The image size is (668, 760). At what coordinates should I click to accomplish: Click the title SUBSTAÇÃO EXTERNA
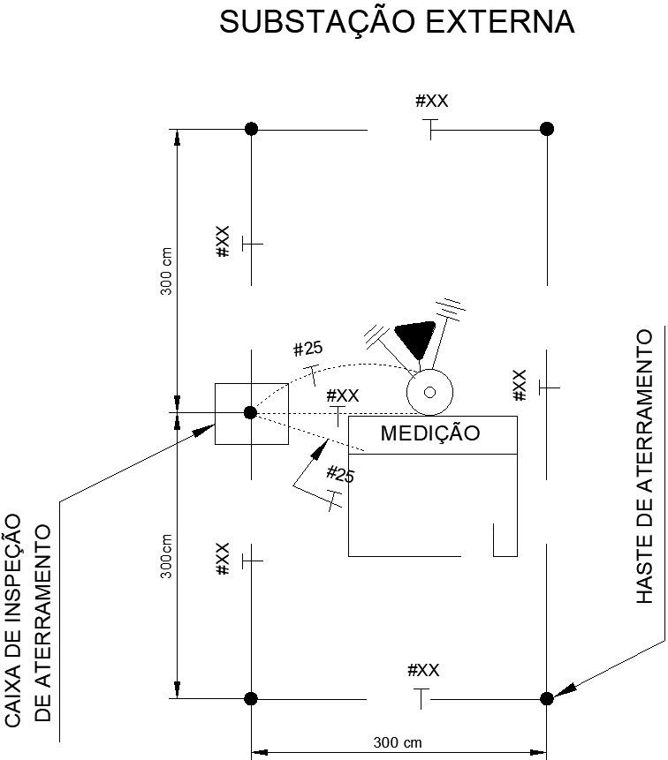click(x=397, y=23)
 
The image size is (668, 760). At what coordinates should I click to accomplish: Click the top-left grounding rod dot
click(x=251, y=129)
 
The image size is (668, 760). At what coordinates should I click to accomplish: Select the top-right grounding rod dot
click(x=546, y=129)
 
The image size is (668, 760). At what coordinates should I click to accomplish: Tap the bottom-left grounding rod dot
click(x=251, y=698)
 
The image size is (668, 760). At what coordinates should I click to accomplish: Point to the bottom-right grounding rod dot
click(x=546, y=698)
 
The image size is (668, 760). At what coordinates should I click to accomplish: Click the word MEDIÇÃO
click(x=429, y=433)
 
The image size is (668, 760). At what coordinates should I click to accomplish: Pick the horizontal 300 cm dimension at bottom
click(x=398, y=741)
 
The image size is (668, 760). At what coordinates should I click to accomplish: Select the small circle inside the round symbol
click(x=429, y=391)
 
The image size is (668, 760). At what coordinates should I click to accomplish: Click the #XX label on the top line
click(x=432, y=101)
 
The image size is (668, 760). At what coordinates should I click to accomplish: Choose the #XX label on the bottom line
click(x=423, y=670)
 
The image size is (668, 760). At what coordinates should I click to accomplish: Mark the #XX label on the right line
click(x=520, y=386)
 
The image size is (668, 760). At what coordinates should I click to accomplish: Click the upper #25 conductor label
click(x=308, y=349)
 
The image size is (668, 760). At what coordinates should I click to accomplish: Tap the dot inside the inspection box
click(x=250, y=412)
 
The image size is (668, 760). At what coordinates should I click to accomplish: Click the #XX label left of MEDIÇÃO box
click(x=342, y=395)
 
